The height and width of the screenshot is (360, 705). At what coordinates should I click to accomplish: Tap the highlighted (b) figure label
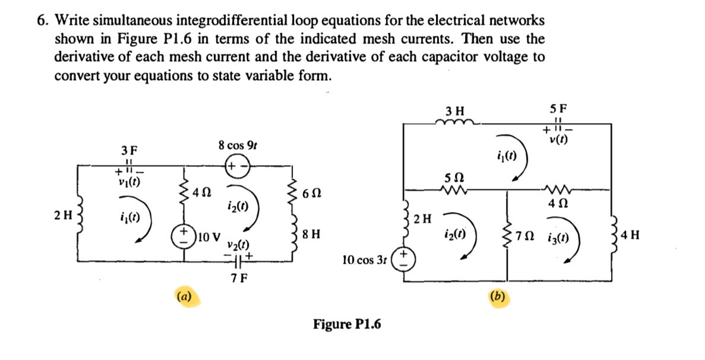(x=498, y=296)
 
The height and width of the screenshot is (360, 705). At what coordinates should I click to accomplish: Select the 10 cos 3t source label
(x=364, y=260)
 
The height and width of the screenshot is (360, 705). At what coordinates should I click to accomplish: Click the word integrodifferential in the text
(x=230, y=21)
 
